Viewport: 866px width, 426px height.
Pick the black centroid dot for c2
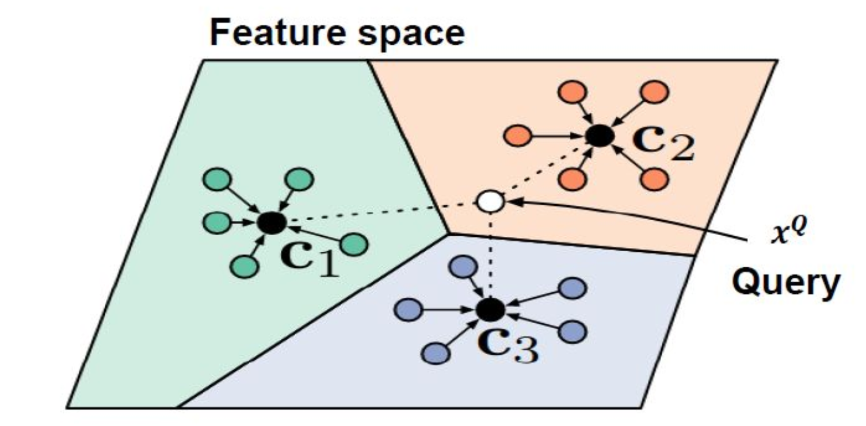point(600,136)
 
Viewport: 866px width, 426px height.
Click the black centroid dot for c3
point(491,310)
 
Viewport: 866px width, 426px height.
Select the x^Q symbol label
point(786,236)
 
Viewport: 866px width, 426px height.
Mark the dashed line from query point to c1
point(380,212)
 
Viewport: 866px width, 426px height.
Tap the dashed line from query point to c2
point(544,170)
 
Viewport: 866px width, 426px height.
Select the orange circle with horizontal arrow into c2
point(516,136)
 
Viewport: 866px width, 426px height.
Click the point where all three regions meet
point(449,233)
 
